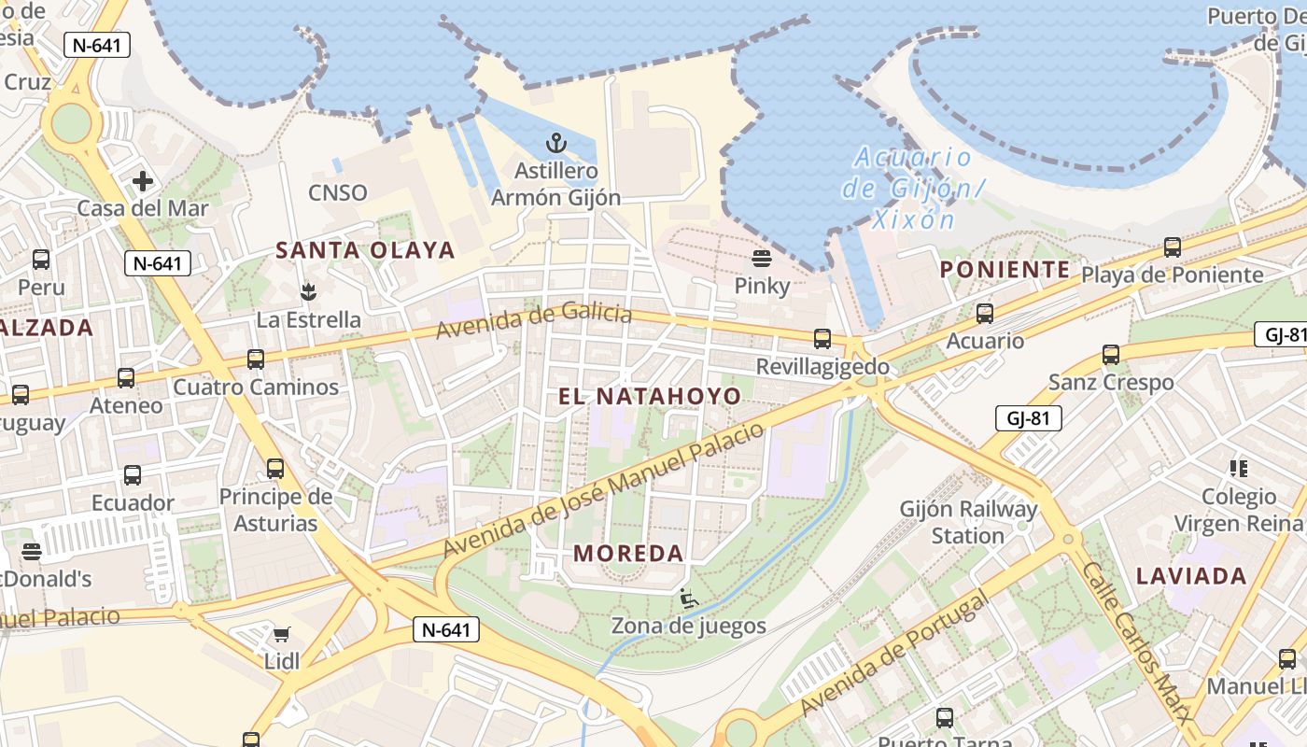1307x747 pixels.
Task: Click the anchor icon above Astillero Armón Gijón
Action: pyautogui.click(x=556, y=144)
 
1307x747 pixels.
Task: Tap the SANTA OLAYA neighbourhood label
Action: pyautogui.click(x=365, y=250)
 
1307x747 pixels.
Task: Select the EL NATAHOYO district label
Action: pyautogui.click(x=650, y=396)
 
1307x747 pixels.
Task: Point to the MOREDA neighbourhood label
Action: pyautogui.click(x=629, y=553)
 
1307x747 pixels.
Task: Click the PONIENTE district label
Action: pyautogui.click(x=1005, y=270)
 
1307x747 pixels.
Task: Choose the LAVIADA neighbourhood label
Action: pyautogui.click(x=1191, y=576)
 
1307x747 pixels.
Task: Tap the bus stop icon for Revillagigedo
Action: pyautogui.click(x=822, y=339)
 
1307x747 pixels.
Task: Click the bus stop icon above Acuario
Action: pyautogui.click(x=984, y=314)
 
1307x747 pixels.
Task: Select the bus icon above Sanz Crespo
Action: pyautogui.click(x=1110, y=355)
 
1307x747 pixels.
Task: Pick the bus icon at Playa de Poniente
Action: pyautogui.click(x=1172, y=247)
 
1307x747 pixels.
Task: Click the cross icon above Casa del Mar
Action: pyautogui.click(x=143, y=180)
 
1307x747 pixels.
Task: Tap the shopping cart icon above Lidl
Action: pyautogui.click(x=281, y=635)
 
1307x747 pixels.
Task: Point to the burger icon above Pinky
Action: pyautogui.click(x=762, y=258)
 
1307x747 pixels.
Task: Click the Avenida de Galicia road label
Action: pyautogui.click(x=533, y=321)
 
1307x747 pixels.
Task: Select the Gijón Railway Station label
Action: pyautogui.click(x=968, y=522)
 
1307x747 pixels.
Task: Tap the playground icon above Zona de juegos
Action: pyautogui.click(x=688, y=598)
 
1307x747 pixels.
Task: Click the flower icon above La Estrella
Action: pyautogui.click(x=308, y=291)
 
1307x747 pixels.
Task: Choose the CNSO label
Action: pyautogui.click(x=338, y=193)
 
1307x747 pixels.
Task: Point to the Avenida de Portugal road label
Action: pyautogui.click(x=893, y=653)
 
